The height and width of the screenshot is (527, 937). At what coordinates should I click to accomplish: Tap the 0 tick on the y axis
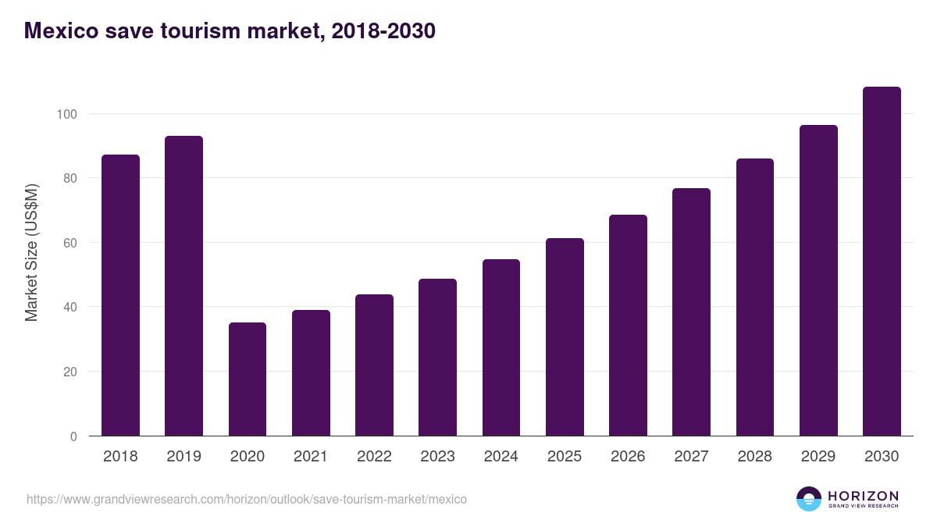(73, 436)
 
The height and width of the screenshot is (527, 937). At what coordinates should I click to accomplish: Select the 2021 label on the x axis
(311, 457)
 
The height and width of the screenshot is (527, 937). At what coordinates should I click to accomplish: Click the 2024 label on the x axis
(501, 457)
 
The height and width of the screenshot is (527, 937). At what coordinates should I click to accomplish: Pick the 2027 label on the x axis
(691, 457)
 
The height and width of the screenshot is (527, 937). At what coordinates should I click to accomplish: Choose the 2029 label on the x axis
(818, 457)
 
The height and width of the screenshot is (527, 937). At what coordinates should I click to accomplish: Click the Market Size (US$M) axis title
(31, 253)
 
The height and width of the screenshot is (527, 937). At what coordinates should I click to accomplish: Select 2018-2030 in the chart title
(383, 30)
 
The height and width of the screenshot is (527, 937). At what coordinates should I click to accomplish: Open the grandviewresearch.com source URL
(247, 499)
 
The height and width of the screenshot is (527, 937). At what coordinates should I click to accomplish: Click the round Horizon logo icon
(809, 499)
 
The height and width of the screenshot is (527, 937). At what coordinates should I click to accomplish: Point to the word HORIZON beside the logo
(863, 495)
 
